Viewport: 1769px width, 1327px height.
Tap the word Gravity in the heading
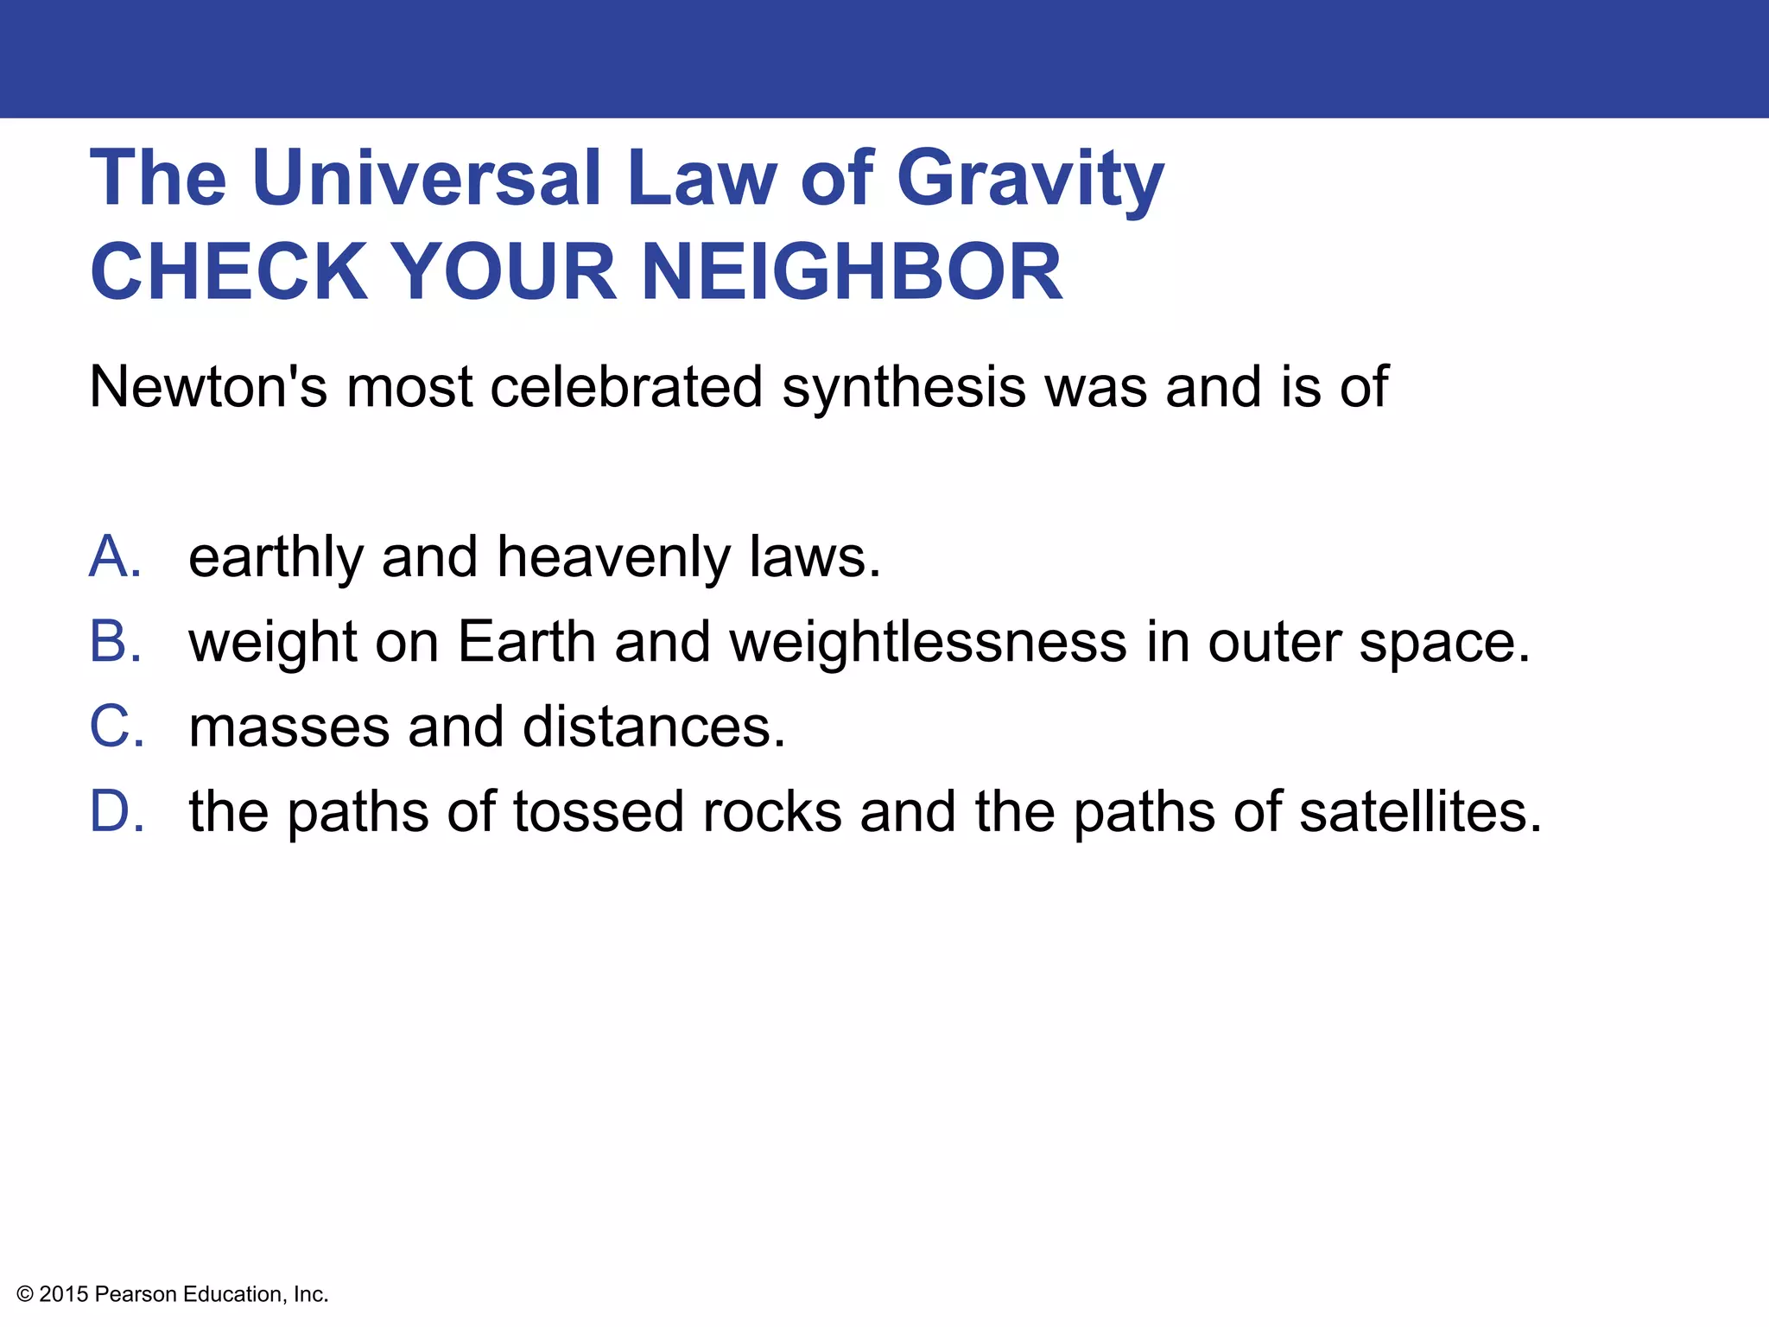1030,180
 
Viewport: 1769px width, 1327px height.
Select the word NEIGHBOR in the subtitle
851,271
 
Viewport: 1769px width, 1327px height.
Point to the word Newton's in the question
208,386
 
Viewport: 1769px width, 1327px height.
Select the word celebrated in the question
626,386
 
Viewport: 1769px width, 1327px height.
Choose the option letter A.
114,556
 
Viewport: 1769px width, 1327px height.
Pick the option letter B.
114,642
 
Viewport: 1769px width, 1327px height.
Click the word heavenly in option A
613,558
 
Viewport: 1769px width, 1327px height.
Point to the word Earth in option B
526,642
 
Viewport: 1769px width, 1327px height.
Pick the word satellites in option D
1420,812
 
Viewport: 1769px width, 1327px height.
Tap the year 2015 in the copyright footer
64,1294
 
